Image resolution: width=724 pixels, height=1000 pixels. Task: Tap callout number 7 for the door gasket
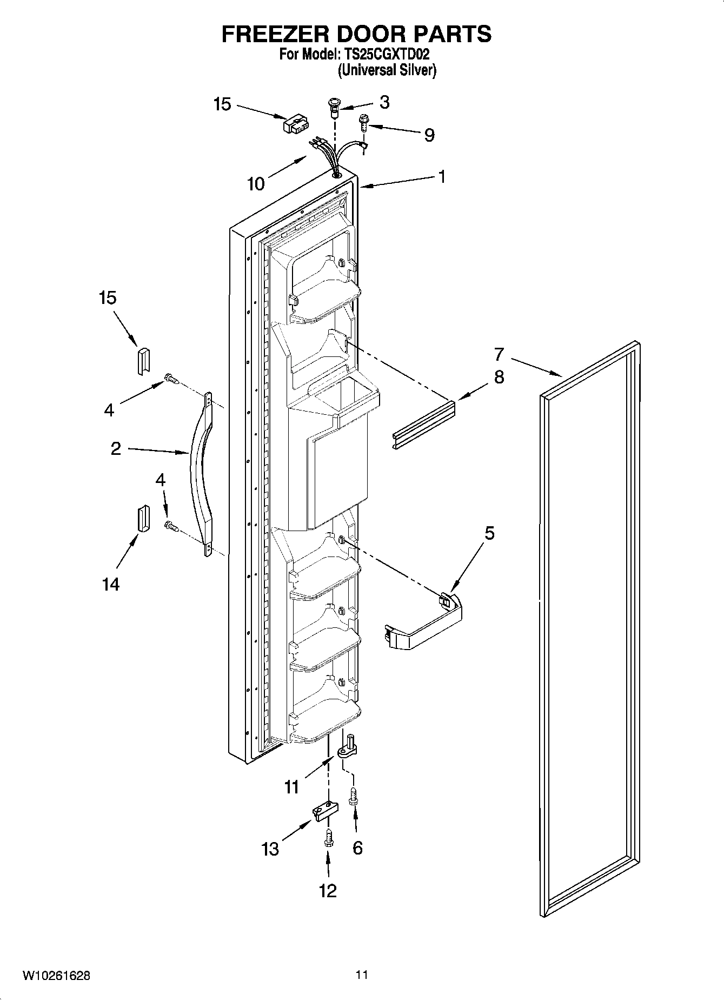499,354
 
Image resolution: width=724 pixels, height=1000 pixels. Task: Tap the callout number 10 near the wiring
256,183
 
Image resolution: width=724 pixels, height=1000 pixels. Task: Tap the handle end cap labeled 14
142,519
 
